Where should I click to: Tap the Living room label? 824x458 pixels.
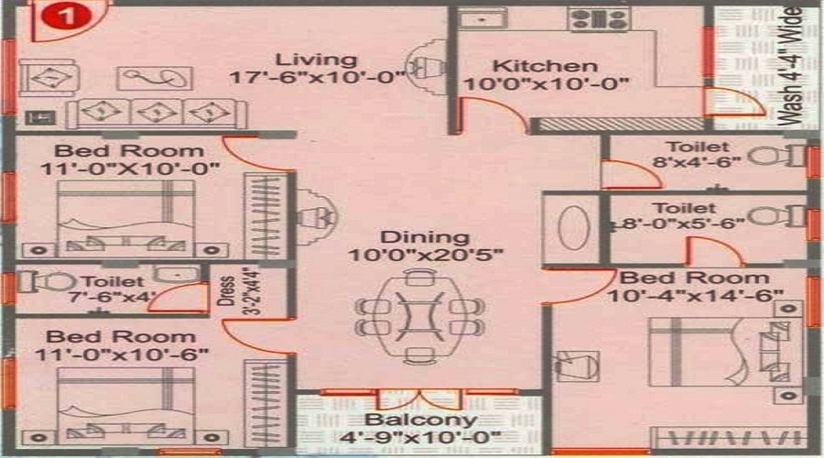tap(317, 59)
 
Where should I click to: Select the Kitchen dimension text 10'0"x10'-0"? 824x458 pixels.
tap(546, 83)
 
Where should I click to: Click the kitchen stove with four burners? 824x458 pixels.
tap(599, 19)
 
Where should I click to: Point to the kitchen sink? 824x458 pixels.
tap(482, 19)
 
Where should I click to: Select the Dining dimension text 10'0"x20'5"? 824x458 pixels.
tap(426, 255)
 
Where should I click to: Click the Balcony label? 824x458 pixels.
tap(421, 420)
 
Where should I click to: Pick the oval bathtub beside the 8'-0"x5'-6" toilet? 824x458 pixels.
tap(573, 228)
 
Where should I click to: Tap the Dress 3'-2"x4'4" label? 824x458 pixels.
tap(239, 291)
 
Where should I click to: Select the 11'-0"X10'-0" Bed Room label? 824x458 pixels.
tap(129, 160)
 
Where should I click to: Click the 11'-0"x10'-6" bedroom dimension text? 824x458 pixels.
tap(122, 354)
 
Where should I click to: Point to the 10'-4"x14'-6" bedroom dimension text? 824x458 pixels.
tap(695, 296)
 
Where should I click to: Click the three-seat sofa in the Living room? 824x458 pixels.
tap(157, 113)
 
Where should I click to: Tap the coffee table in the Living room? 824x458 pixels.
tap(155, 79)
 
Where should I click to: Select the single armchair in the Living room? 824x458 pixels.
tap(49, 78)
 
